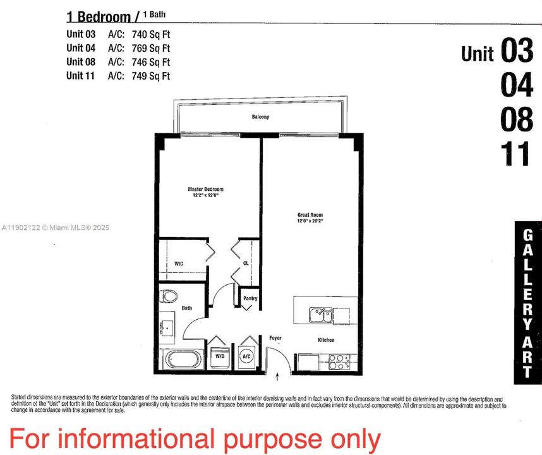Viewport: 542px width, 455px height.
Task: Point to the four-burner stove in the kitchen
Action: (338, 361)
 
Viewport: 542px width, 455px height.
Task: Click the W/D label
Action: (220, 356)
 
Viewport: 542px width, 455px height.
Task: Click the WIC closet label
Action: (178, 263)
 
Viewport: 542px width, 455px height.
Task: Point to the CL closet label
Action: (246, 263)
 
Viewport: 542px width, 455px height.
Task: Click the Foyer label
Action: (275, 338)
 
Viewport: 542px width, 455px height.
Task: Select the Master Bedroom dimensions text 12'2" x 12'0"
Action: (205, 195)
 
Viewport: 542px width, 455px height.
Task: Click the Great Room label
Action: (310, 215)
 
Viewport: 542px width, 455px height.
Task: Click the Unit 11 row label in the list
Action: (81, 76)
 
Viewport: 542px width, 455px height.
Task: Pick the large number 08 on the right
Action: (517, 119)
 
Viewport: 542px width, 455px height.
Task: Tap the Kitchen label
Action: (326, 340)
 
